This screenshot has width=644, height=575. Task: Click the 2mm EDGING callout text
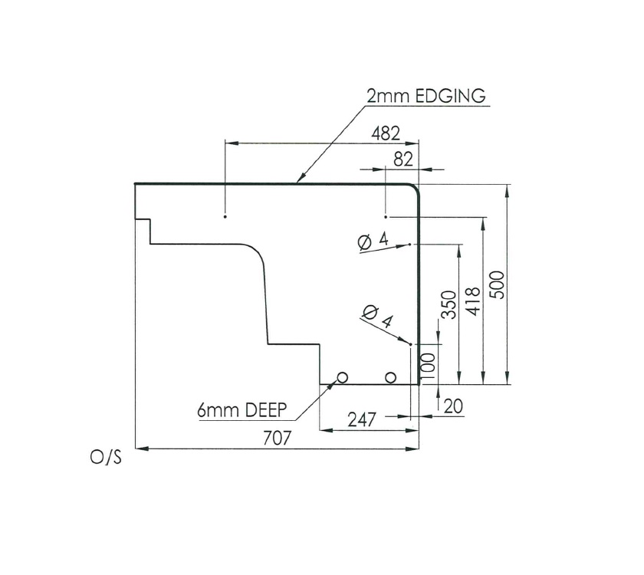pos(426,96)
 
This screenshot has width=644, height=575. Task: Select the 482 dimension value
pos(385,133)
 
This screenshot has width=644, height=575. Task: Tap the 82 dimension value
pos(402,159)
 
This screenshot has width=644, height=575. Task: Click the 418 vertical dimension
pos(472,301)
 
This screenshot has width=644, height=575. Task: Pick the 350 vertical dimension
pos(449,304)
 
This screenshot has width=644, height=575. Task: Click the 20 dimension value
pos(453,406)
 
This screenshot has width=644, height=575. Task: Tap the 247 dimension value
pos(362,419)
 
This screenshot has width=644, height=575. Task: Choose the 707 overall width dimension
pos(278,439)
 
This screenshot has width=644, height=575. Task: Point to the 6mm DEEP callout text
pos(242,409)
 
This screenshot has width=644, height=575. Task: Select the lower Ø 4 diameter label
pos(378,316)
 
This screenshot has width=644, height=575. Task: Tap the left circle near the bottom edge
pos(342,377)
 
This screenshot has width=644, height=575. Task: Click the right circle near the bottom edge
pos(391,377)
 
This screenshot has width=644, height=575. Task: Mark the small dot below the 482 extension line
pos(225,217)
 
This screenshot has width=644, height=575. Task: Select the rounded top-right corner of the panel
pos(415,189)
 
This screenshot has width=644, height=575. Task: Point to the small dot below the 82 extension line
pos(387,217)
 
